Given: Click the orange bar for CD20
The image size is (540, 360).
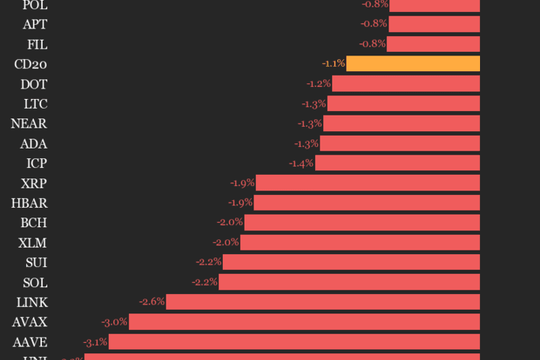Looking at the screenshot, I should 413,64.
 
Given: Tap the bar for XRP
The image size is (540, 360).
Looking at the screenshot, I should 368,182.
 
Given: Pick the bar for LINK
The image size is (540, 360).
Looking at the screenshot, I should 323,301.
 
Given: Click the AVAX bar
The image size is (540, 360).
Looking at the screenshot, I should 304,322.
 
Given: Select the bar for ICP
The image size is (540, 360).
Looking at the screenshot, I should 397,163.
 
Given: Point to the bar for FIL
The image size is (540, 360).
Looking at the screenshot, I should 433,43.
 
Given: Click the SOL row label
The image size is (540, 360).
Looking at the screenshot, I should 35,282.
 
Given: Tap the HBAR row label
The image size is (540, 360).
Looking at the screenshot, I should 29,202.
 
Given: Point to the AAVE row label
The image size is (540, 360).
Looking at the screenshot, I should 30,342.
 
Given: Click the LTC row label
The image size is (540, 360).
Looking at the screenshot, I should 35,103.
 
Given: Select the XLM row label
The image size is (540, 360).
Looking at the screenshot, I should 33,242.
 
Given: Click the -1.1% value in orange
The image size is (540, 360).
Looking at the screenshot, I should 333,64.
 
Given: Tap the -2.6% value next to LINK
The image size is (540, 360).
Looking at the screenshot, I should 151,301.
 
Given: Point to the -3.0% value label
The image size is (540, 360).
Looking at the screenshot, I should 115,322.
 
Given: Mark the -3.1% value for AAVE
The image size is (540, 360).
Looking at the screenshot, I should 95,342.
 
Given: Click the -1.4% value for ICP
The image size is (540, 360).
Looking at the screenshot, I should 301,163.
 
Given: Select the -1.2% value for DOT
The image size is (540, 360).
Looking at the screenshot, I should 318,83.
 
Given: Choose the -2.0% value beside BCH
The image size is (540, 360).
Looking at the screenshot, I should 229,222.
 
